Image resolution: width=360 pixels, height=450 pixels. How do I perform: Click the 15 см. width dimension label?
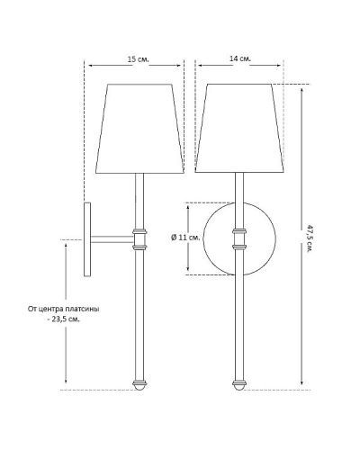139,59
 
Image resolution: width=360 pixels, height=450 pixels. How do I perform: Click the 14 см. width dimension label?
240,58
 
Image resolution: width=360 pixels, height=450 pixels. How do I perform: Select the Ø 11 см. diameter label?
185,238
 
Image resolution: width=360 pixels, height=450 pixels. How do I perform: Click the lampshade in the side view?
139,129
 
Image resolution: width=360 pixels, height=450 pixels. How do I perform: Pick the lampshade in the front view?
239,128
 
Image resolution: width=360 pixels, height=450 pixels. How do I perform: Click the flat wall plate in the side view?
87,239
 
